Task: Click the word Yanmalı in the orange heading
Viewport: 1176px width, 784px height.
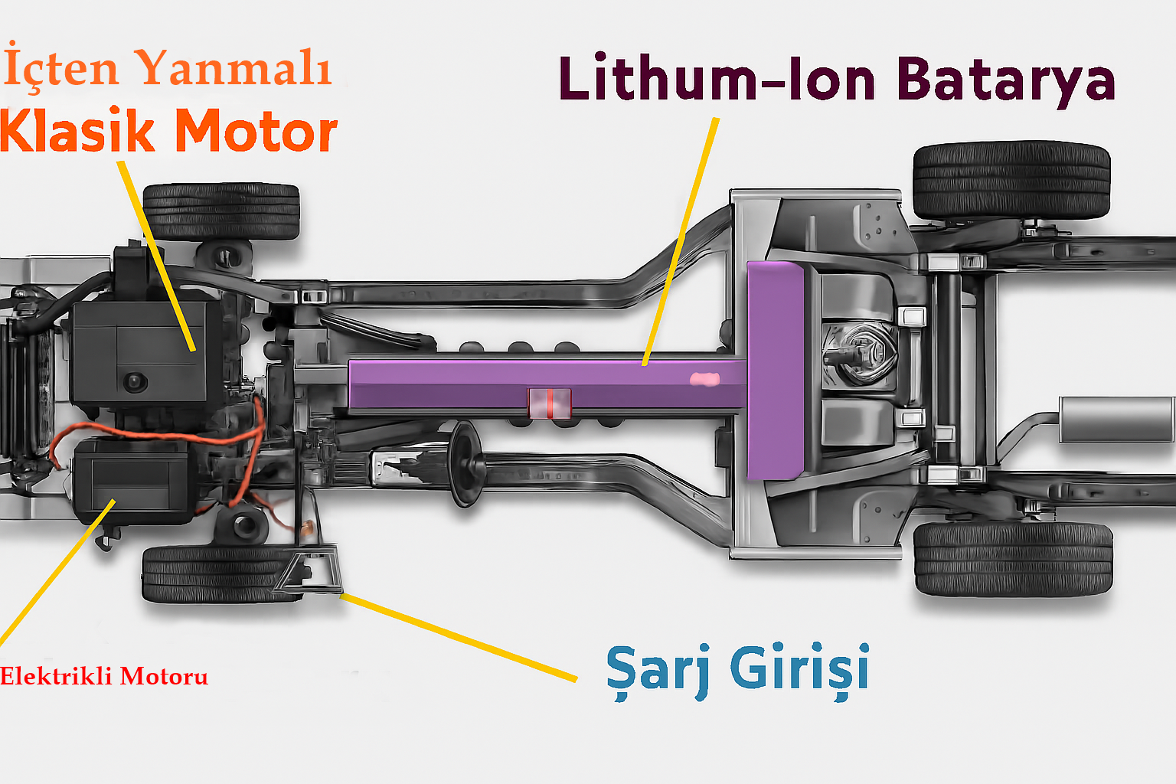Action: pyautogui.click(x=235, y=68)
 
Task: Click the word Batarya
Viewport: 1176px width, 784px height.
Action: pyautogui.click(x=1005, y=80)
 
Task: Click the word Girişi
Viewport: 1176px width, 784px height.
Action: pyautogui.click(x=800, y=669)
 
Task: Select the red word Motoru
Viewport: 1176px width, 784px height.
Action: pyautogui.click(x=164, y=677)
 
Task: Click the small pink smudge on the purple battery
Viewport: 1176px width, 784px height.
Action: pyautogui.click(x=705, y=379)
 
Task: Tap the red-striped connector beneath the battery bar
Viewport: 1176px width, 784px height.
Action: pyautogui.click(x=549, y=403)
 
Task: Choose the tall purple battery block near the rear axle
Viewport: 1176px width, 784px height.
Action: pyautogui.click(x=775, y=370)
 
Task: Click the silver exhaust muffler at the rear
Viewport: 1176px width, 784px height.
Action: pyautogui.click(x=1116, y=420)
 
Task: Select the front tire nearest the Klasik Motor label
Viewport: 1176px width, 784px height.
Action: pyautogui.click(x=221, y=211)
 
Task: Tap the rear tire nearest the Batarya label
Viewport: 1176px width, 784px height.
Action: pyautogui.click(x=1011, y=179)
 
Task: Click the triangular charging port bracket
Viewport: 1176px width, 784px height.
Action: pyautogui.click(x=309, y=570)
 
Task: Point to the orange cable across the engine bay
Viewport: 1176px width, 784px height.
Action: pyautogui.click(x=153, y=433)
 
